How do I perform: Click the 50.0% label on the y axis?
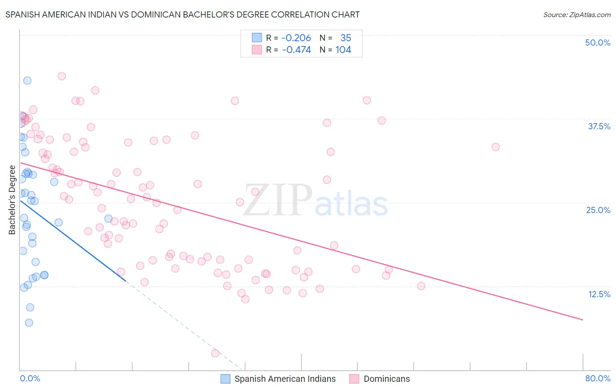[x=598, y=43]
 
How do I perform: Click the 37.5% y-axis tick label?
[x=599, y=126]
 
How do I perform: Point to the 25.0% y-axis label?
[x=598, y=210]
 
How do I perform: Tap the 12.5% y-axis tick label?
[x=599, y=294]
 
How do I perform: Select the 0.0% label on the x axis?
[x=30, y=378]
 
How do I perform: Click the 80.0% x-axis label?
[x=598, y=378]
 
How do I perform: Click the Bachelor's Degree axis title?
[x=12, y=200]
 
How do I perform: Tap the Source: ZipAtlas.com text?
[x=577, y=15]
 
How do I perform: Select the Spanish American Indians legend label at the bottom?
[x=285, y=379]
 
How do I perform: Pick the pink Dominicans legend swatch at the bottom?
[x=354, y=379]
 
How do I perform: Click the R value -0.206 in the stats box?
[x=296, y=38]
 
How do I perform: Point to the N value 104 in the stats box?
[x=343, y=50]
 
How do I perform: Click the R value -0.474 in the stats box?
[x=296, y=50]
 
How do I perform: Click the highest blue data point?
[x=27, y=81]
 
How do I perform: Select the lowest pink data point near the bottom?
[x=215, y=353]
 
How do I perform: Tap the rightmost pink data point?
[x=496, y=147]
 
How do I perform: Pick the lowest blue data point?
[x=29, y=323]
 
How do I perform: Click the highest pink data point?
[x=62, y=76]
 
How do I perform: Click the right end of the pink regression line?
[x=583, y=320]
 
